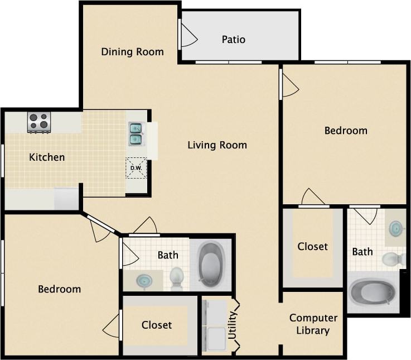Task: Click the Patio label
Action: coord(233,39)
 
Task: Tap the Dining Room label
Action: coord(132,52)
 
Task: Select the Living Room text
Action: coord(217,145)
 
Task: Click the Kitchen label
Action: coord(47,157)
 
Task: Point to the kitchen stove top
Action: coord(39,121)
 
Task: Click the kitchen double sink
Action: coord(136,133)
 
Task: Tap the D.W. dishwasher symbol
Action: coord(136,168)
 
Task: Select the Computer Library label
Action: coord(313,324)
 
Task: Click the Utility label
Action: coord(233,325)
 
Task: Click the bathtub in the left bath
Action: coord(211,265)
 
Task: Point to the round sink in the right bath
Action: coord(395,228)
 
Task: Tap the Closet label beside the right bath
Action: coord(312,246)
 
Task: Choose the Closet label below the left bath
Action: coord(157,325)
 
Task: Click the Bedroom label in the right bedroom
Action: coord(346,131)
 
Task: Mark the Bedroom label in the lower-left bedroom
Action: coord(59,289)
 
